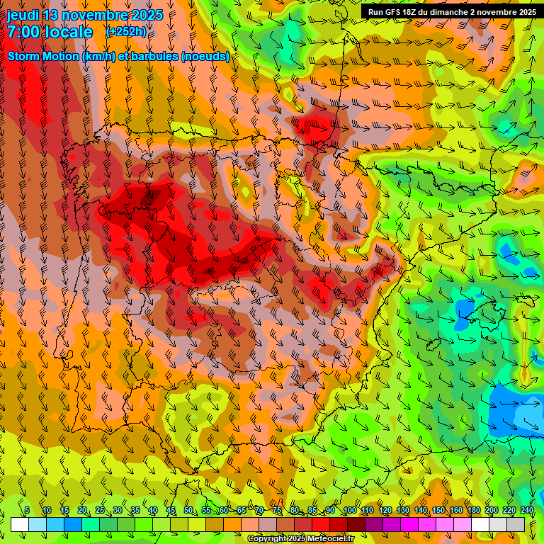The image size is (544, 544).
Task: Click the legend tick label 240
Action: pyautogui.click(x=526, y=510)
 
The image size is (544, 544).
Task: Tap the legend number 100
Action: pyautogui.click(x=349, y=510)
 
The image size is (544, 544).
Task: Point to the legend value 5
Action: pyautogui.click(x=27, y=510)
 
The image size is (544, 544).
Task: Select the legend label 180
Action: pyautogui.click(x=473, y=510)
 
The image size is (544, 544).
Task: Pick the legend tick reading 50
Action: pyautogui.click(x=188, y=510)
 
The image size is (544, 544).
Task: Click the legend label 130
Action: pyautogui.click(x=402, y=510)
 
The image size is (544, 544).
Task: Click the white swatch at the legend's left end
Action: pyautogui.click(x=20, y=524)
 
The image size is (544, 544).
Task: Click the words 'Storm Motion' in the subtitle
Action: pyautogui.click(x=43, y=56)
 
